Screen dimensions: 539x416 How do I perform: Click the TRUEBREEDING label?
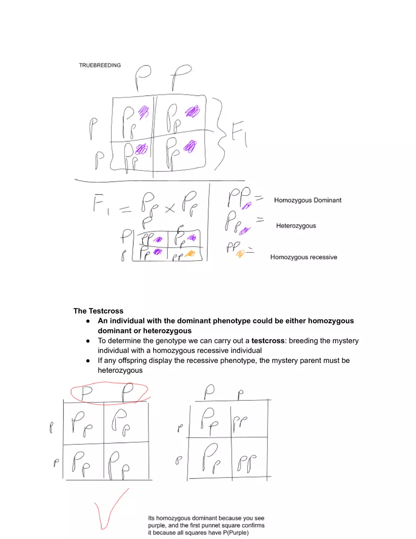[x=100, y=65]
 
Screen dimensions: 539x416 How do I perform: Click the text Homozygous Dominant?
[x=307, y=200]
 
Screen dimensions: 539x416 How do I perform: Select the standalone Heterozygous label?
[x=296, y=226]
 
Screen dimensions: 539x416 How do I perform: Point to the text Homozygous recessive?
[x=303, y=257]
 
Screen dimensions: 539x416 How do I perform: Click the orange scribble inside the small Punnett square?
[x=190, y=254]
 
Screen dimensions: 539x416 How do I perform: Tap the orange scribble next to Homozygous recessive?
[x=240, y=254]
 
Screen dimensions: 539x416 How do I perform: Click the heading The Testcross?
[x=98, y=311]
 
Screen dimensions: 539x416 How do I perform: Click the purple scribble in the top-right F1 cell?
[x=191, y=112]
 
